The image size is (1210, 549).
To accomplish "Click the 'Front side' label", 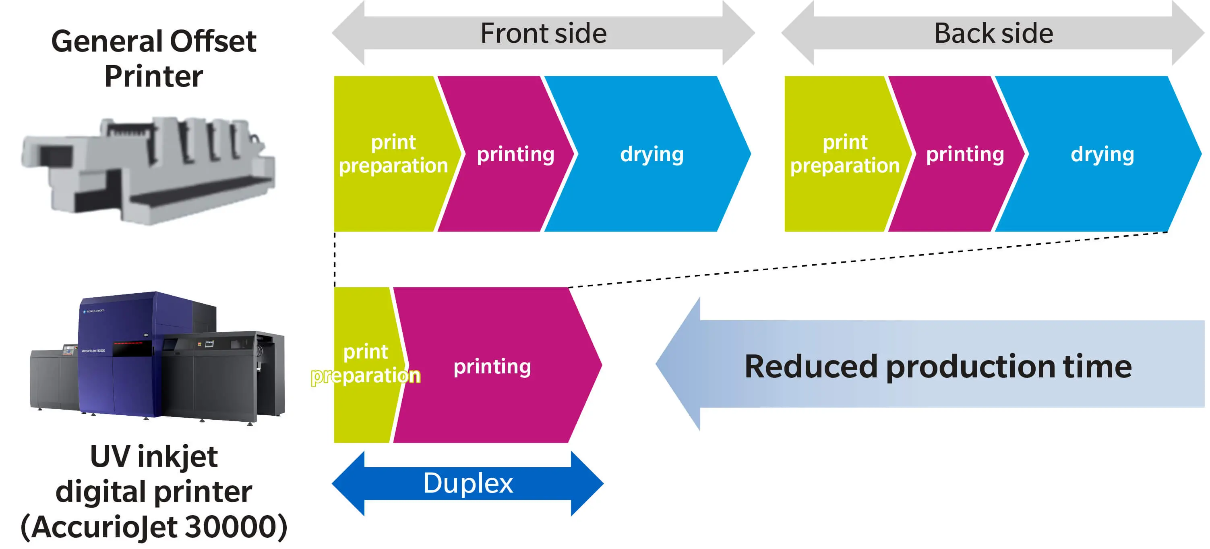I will tap(543, 33).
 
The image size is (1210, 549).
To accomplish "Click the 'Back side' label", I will tap(993, 33).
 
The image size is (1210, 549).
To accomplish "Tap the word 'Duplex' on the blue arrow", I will tap(468, 483).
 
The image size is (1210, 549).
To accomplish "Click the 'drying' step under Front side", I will tap(652, 154).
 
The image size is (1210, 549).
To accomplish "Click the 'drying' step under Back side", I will tap(1102, 154).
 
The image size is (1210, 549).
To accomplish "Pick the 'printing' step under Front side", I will tap(515, 154).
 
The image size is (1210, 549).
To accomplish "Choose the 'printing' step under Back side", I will tap(965, 154).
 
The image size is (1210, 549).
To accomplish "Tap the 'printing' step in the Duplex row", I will tap(492, 366).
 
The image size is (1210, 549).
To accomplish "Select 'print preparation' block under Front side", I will tap(393, 154).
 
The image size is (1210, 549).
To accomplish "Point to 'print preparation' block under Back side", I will tap(844, 154).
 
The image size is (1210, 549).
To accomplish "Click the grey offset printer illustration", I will tap(148, 169).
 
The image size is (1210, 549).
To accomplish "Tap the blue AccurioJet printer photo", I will tap(157, 357).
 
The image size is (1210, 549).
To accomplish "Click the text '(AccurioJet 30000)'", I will tap(153, 526).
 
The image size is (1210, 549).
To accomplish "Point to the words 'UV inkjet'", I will tap(153, 456).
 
